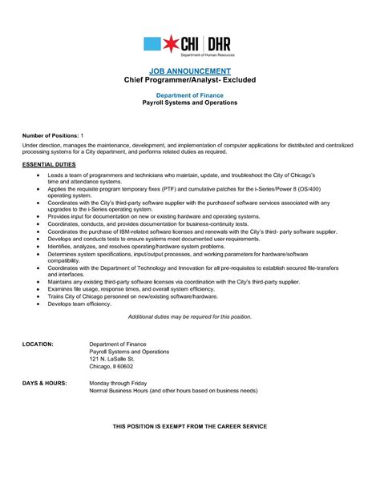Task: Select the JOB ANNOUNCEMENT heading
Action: pos(190,71)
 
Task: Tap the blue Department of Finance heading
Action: pos(190,95)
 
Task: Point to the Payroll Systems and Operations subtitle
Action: pos(190,103)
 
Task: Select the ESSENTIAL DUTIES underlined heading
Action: pos(50,163)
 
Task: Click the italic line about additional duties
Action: pos(190,317)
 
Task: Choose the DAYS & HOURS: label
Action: pos(44,383)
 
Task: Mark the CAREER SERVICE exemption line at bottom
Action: pos(190,425)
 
